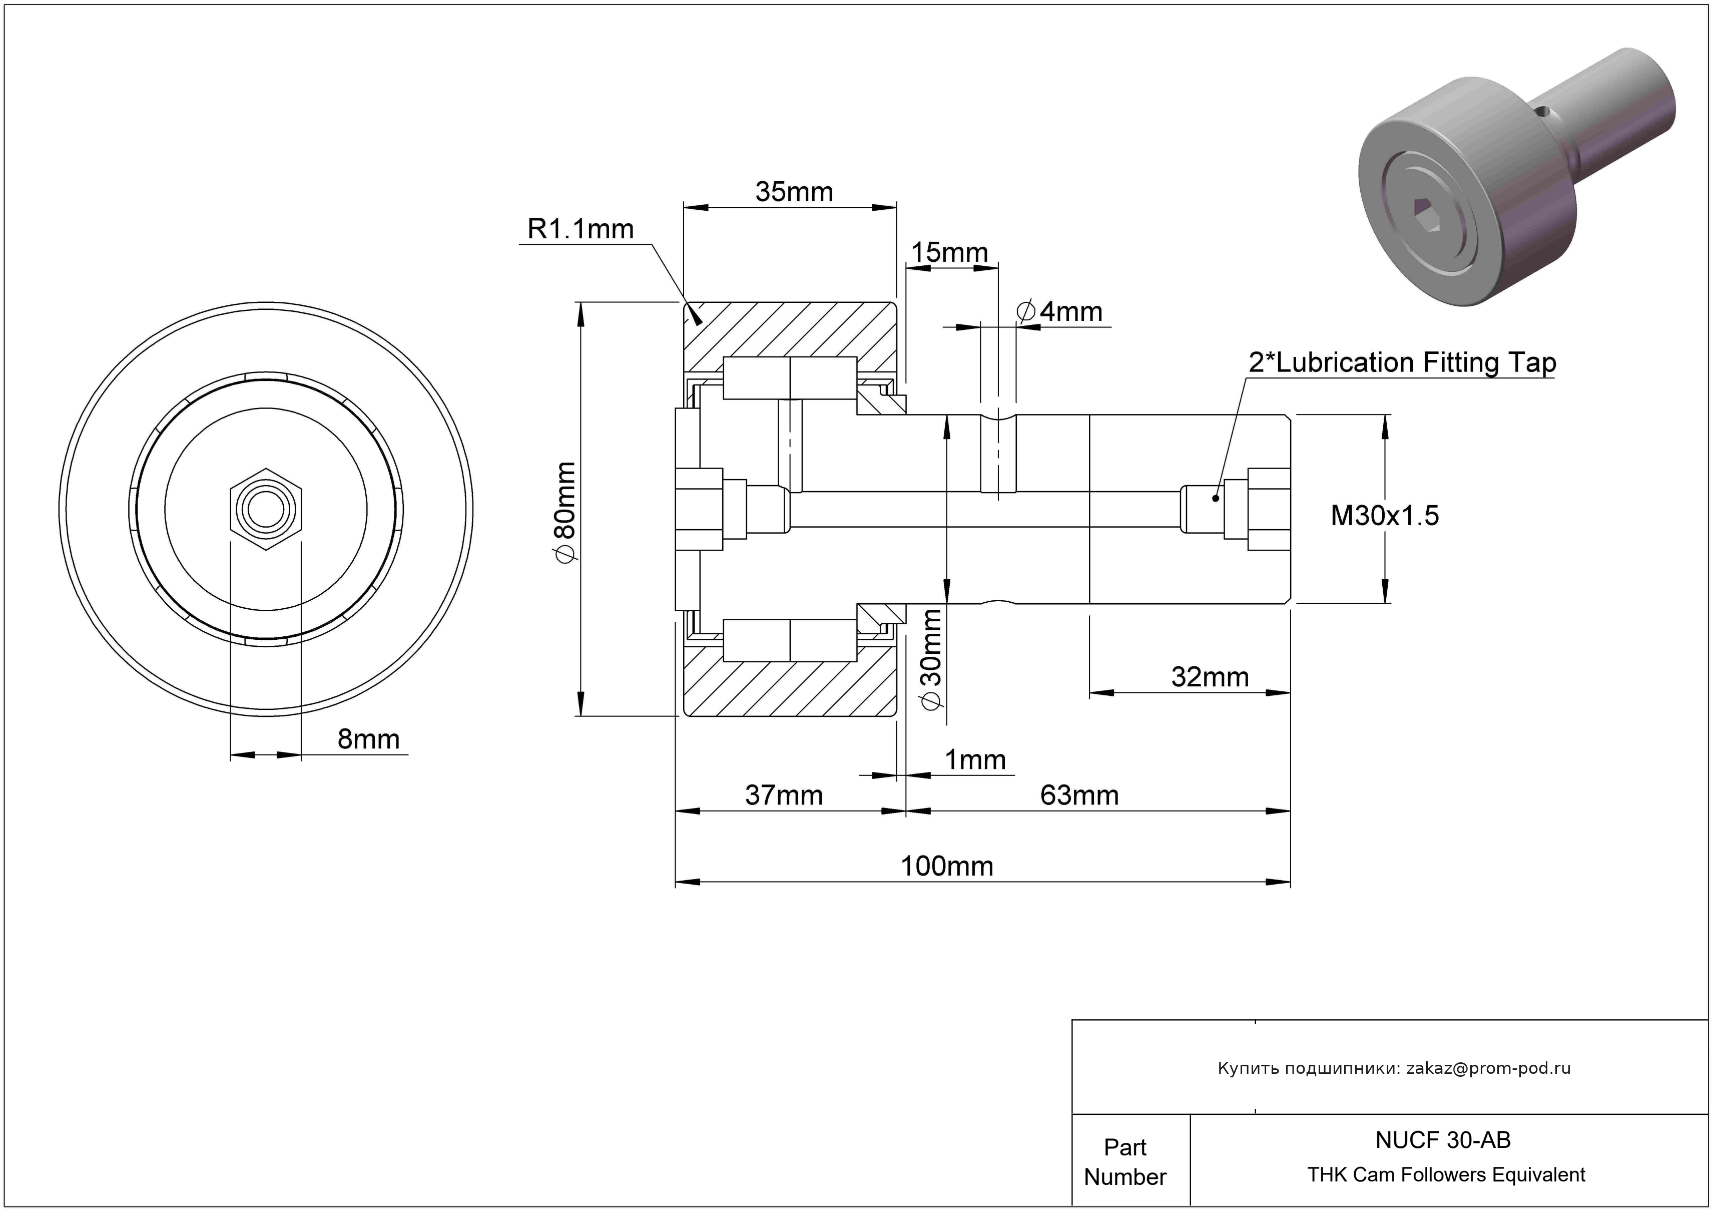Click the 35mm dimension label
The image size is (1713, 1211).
click(x=793, y=192)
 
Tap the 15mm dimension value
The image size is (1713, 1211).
click(x=949, y=252)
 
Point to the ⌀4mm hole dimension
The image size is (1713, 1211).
click(x=1059, y=311)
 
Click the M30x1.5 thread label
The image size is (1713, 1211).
click(x=1384, y=516)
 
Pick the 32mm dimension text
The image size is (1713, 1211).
click(x=1210, y=677)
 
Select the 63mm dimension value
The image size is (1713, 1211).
click(x=1079, y=795)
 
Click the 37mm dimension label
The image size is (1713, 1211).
click(x=783, y=795)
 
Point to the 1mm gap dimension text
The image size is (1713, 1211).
click(x=975, y=759)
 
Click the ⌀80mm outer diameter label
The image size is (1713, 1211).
click(x=565, y=511)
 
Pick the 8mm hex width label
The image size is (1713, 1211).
click(x=368, y=739)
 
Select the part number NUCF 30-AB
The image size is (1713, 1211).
click(x=1442, y=1139)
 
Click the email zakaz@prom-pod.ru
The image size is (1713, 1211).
click(x=1488, y=1068)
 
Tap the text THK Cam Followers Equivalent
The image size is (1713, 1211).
click(x=1446, y=1174)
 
